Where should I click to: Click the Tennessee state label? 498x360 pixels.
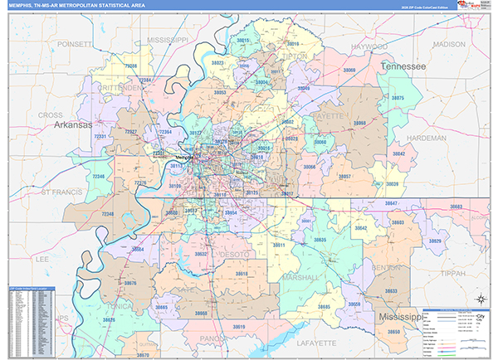(403, 66)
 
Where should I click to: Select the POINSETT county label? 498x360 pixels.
(76, 43)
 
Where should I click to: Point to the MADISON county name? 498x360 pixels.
(449, 44)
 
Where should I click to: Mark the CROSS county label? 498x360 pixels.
(51, 114)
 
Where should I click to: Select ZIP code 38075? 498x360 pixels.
(398, 98)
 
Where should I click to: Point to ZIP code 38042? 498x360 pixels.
(399, 154)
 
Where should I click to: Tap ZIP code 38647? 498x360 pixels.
(414, 203)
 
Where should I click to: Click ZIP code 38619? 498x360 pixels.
(238, 327)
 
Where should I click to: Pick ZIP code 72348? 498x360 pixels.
(108, 215)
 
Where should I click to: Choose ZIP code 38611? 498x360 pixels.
(279, 246)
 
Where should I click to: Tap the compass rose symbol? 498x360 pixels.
(481, 299)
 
